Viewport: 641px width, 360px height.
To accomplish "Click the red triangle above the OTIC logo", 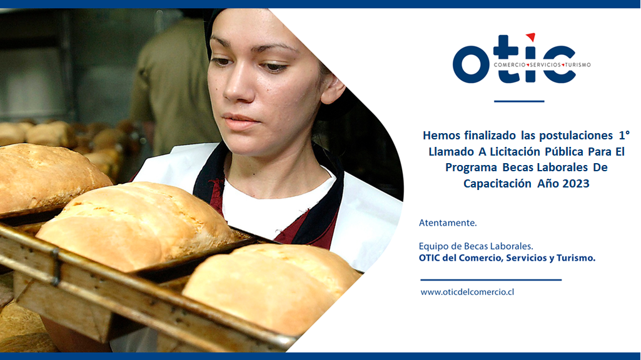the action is (x=531, y=37).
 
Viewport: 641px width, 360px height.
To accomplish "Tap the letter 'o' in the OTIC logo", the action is (x=470, y=64).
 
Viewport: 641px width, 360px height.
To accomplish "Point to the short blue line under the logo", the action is (x=519, y=101).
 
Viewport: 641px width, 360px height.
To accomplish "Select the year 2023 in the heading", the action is (x=575, y=184).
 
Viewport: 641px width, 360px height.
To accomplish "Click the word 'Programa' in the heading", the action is (x=471, y=168).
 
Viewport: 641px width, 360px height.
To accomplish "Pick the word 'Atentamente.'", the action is (x=448, y=222).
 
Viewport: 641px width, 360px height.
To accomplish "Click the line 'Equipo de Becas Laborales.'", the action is (x=476, y=246).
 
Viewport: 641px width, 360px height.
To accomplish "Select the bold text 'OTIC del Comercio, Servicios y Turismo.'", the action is (x=507, y=258).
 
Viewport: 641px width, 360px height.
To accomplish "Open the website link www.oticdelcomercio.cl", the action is (x=467, y=292).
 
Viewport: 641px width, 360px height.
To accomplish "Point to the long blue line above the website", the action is (x=491, y=280).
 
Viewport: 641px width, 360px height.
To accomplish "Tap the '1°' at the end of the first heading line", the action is (x=624, y=135).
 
